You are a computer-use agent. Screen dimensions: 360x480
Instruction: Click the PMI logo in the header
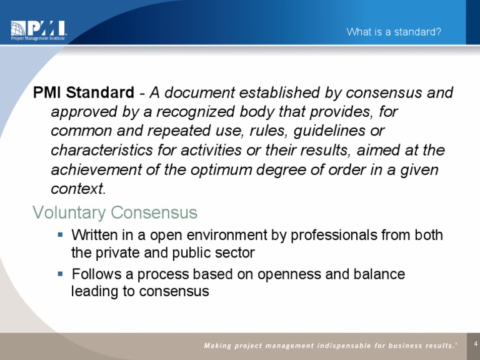tap(38, 31)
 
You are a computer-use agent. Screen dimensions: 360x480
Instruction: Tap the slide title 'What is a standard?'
tap(394, 32)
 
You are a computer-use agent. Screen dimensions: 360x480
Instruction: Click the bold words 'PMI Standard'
tap(83, 93)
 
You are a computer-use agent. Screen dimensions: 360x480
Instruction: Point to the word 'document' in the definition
tap(194, 93)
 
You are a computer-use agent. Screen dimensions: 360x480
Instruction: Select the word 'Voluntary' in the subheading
tap(69, 213)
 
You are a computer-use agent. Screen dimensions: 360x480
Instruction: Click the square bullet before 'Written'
tap(60, 235)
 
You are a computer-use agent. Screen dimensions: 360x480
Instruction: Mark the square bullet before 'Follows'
tap(60, 274)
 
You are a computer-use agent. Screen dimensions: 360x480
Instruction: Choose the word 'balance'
tap(381, 274)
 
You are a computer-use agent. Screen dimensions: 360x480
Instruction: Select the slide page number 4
tap(476, 343)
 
